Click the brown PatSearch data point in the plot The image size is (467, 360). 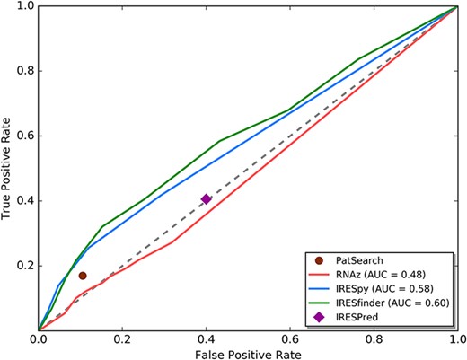tap(83, 276)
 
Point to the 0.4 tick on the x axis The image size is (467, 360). tap(206, 340)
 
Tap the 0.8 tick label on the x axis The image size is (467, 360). tap(374, 340)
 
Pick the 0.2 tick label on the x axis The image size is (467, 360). tap(122, 340)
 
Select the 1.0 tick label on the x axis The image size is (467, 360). tap(456, 340)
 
